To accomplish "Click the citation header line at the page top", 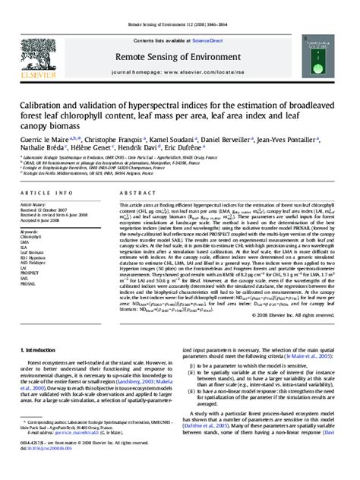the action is point(180,5).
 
